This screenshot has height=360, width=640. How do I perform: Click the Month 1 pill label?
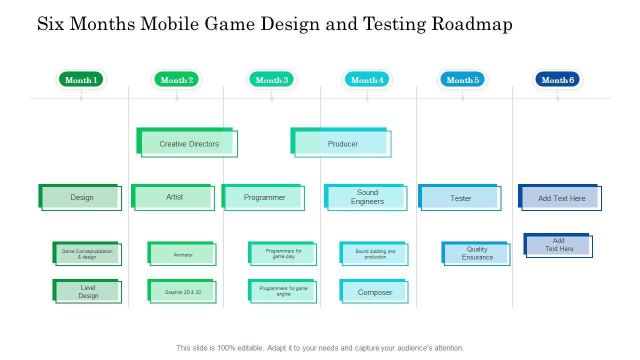click(81, 80)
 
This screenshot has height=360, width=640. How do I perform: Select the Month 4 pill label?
click(367, 80)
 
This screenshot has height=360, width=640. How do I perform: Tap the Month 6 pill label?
click(557, 80)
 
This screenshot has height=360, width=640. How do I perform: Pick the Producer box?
click(342, 144)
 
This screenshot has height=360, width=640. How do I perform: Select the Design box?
click(81, 197)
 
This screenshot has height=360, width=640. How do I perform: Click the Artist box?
click(174, 197)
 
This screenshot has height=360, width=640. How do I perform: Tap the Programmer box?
click(264, 197)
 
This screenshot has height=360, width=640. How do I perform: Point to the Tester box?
click(460, 198)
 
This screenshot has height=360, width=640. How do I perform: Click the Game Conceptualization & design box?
click(87, 254)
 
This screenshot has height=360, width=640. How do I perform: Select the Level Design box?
click(88, 291)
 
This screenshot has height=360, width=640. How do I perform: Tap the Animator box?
click(182, 254)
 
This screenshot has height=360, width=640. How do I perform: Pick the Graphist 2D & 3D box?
click(182, 292)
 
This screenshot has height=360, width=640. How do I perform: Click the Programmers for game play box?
click(283, 254)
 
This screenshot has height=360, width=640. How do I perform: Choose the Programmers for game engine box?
click(283, 291)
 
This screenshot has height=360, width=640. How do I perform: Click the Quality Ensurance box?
click(476, 253)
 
